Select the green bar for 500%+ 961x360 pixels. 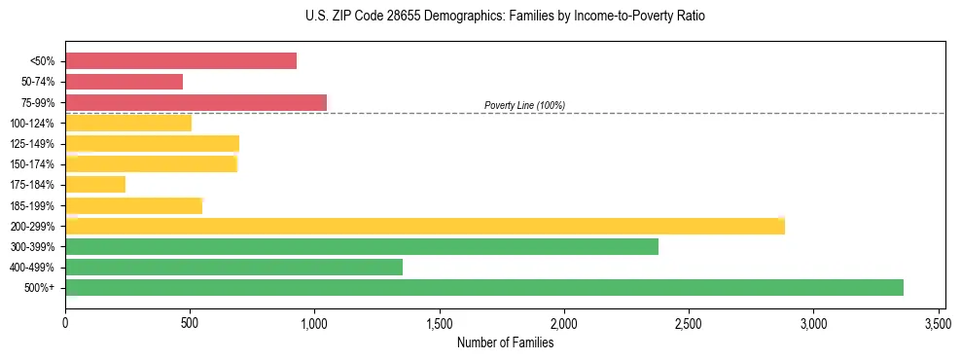pos(483,287)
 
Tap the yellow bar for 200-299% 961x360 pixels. pos(424,226)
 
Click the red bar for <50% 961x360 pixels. pos(180,60)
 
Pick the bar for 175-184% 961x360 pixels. pos(95,184)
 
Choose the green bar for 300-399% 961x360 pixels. pos(361,246)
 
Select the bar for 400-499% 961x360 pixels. pos(233,267)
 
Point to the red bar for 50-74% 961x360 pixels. pos(124,82)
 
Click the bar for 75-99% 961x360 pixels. pos(196,102)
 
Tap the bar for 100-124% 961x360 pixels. pos(128,123)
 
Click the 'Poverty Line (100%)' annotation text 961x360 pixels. pos(524,105)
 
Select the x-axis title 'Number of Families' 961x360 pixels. pos(505,342)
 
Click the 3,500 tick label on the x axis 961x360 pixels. pos(938,323)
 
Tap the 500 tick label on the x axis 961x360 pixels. pos(190,323)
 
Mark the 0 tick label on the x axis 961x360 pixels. pos(65,323)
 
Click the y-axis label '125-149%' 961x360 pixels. pos(32,144)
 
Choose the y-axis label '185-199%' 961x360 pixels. pos(32,205)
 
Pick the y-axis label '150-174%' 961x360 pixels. pos(32,164)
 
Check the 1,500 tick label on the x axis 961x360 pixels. pos(439,323)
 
